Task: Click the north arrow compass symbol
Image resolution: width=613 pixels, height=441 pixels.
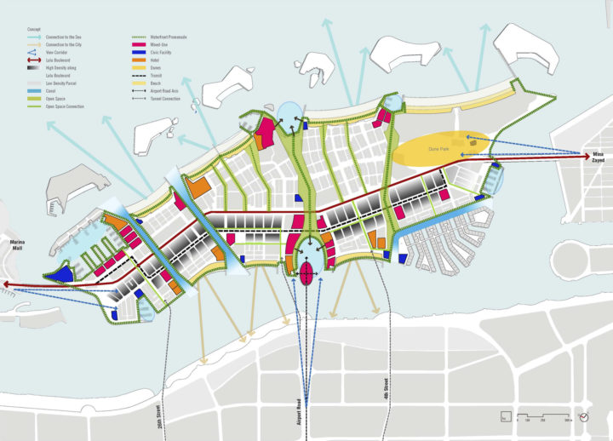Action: pyautogui.click(x=585, y=416)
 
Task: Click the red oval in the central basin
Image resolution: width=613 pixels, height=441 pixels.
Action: pyautogui.click(x=307, y=273)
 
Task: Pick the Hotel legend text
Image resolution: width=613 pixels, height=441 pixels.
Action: pyautogui.click(x=154, y=60)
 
